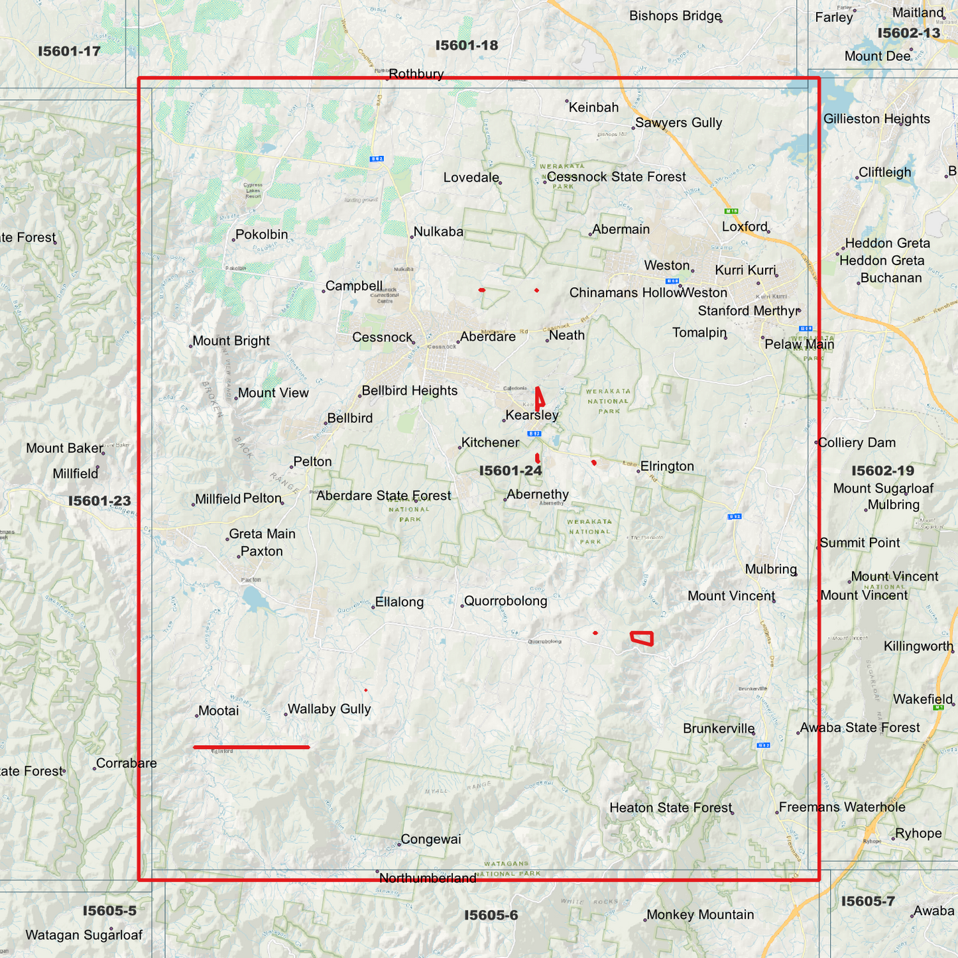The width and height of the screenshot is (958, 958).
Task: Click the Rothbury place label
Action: coord(416,74)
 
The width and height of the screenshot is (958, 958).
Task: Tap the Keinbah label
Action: coord(593,107)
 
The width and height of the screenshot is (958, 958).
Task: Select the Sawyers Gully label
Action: coord(678,123)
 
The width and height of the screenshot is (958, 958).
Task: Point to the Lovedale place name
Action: coord(471,178)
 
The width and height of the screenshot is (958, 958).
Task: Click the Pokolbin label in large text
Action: coord(261,235)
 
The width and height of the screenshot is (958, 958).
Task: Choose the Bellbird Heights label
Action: coord(409,390)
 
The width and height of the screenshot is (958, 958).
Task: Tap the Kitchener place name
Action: coord(490,442)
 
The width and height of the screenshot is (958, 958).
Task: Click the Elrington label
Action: coord(666,466)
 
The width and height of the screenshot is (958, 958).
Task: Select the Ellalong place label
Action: coord(398,602)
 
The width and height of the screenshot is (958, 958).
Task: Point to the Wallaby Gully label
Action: coord(329,709)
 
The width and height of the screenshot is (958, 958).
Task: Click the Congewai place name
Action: coord(430,839)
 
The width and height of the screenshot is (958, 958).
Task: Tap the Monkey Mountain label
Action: coord(699,915)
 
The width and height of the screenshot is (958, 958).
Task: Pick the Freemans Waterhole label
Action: coord(841,807)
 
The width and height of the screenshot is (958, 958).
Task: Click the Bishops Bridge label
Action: coord(675,16)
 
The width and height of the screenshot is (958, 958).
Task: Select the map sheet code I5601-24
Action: coord(510,471)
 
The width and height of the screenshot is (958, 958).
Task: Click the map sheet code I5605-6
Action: coord(491,916)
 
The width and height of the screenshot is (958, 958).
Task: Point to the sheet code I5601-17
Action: coord(69,51)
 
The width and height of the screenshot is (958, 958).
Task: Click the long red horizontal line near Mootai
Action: coord(251,747)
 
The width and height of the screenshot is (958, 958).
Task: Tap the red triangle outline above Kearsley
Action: coord(540,397)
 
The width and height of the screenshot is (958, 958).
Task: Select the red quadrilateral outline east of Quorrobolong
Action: coord(642,638)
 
